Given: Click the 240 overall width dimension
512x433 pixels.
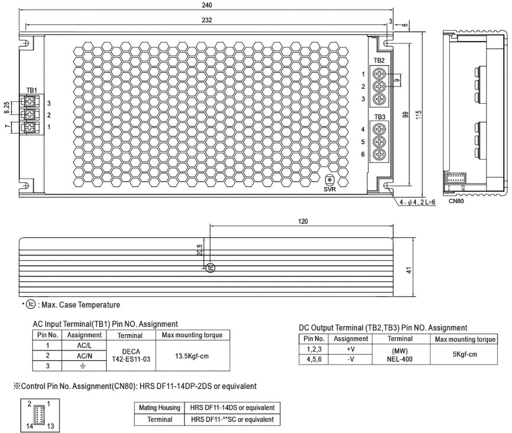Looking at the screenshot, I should coord(207,5).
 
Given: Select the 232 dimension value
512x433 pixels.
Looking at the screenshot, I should coord(207,20).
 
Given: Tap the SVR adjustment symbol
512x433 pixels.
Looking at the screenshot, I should coord(330,180).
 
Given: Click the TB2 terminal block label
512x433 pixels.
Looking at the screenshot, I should coord(379,60).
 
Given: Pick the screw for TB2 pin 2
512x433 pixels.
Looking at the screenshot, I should coord(380,86).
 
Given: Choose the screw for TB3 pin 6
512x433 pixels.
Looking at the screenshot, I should coord(380,154).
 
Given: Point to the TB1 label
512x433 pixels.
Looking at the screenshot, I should coord(31,90).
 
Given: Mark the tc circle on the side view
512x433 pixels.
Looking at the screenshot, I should coord(210,268).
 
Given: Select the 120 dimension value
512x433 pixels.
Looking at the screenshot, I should coord(302,222).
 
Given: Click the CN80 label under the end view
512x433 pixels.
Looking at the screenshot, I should coord(456,201).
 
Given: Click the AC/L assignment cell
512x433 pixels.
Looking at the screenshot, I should coord(84,345).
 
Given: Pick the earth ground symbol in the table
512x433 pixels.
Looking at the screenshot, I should coord(84,366).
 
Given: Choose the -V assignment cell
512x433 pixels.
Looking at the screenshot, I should coord(351,359).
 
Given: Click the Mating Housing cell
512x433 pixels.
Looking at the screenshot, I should coord(158,407).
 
